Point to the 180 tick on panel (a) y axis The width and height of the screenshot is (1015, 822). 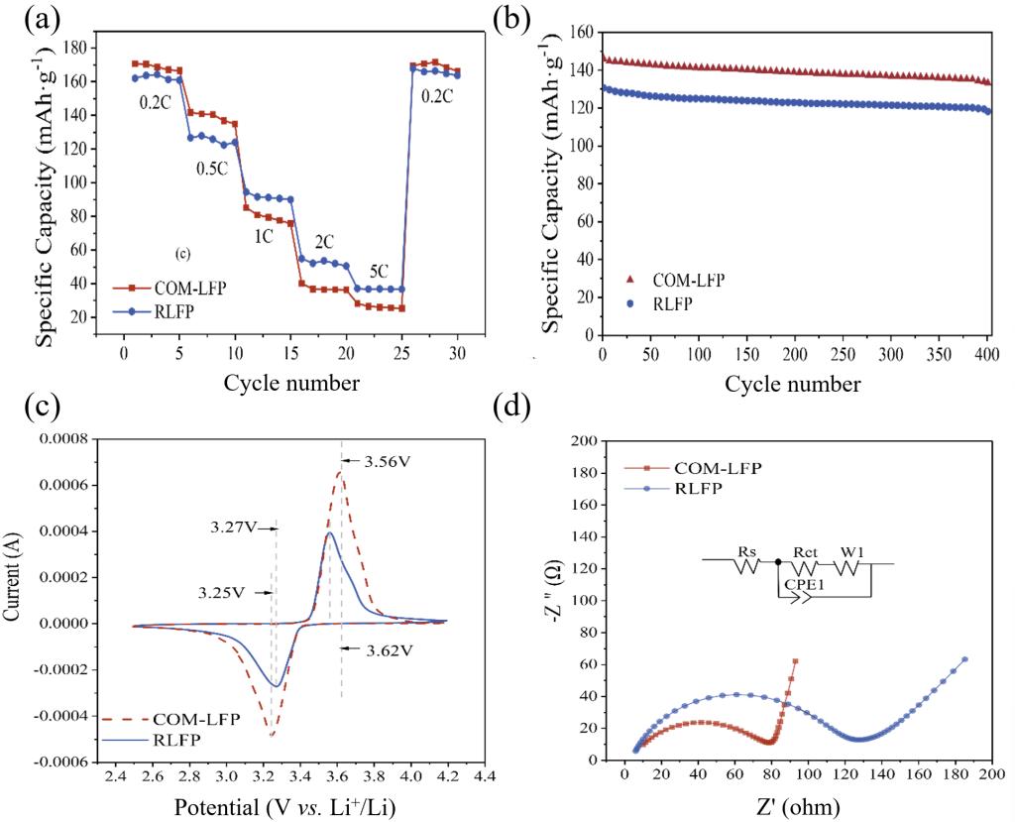[x=71, y=47]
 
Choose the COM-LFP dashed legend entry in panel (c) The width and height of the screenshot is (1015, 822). [x=195, y=719]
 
